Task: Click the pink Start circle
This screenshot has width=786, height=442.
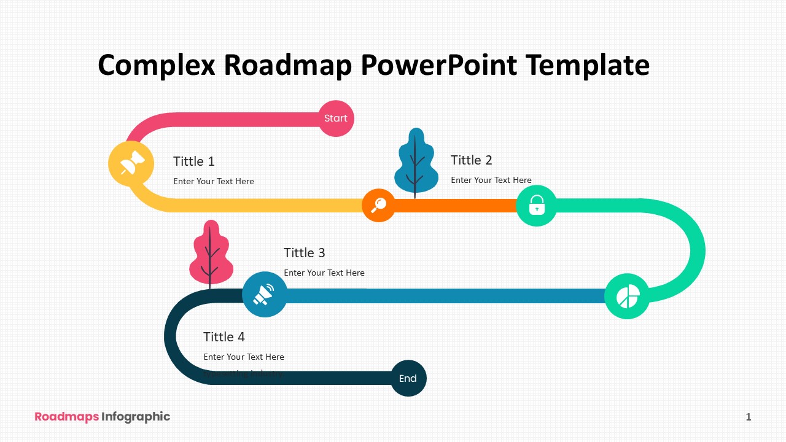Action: [336, 118]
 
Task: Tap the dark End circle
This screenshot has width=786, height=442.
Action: [408, 378]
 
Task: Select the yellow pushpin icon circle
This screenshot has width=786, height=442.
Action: [131, 164]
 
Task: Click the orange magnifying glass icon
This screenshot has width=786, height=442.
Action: [378, 205]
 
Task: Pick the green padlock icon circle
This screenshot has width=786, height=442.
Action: [537, 206]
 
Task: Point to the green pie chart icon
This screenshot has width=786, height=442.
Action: [627, 297]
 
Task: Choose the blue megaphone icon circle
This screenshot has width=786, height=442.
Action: [265, 295]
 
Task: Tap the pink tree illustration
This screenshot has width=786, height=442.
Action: [211, 253]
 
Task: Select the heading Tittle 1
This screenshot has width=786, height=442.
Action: [194, 161]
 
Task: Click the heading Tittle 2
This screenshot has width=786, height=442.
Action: [472, 160]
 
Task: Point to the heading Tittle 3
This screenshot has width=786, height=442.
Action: [305, 253]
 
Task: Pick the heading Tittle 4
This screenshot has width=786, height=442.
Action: [224, 337]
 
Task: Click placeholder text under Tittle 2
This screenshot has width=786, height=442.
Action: [491, 180]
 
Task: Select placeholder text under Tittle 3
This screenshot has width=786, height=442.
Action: [324, 273]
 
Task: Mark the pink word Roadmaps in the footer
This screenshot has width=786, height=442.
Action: [66, 417]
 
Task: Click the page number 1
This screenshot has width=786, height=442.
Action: [749, 417]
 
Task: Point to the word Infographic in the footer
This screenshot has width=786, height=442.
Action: [136, 417]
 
